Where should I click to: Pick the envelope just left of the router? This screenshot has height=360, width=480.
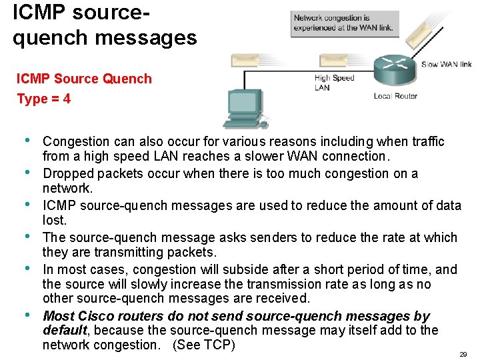point(337,61)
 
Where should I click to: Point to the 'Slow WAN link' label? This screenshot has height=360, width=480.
point(446,65)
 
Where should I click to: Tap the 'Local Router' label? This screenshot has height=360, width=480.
point(395,96)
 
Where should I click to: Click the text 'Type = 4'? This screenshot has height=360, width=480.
point(44,99)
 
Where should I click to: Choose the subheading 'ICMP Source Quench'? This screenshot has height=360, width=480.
point(84,79)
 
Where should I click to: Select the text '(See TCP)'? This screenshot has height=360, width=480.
point(204,345)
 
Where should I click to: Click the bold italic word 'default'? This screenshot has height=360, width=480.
point(65,330)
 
